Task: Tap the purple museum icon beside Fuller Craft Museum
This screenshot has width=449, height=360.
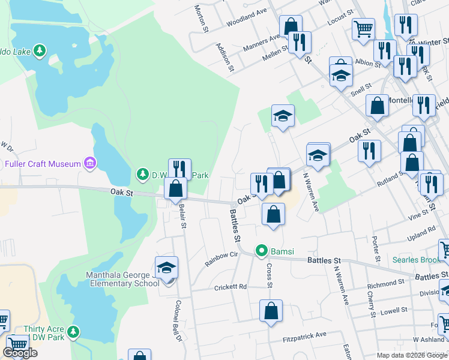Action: (x=89, y=163)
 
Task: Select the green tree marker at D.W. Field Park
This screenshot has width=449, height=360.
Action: (x=142, y=175)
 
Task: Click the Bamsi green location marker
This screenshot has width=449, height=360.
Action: (x=262, y=250)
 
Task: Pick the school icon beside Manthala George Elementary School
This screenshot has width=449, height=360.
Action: (x=167, y=268)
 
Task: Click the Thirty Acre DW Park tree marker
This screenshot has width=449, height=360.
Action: (x=73, y=331)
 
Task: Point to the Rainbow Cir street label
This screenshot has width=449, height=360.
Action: (x=221, y=259)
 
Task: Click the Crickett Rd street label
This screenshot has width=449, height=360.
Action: (x=231, y=287)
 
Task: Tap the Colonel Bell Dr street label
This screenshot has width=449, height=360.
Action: (x=178, y=322)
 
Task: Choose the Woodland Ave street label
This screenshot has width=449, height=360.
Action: (x=246, y=18)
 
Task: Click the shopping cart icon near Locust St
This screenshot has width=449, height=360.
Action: (x=363, y=28)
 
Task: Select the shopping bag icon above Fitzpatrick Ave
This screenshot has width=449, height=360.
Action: (x=271, y=311)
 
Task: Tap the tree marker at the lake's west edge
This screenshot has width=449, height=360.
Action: (x=40, y=50)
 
